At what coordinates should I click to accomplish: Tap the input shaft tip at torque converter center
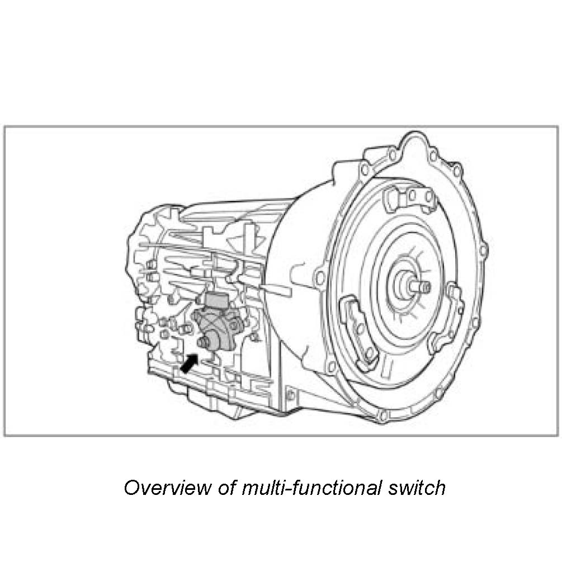423,287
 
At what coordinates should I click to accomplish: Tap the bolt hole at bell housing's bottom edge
383,415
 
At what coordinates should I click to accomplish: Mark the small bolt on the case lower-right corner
290,395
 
